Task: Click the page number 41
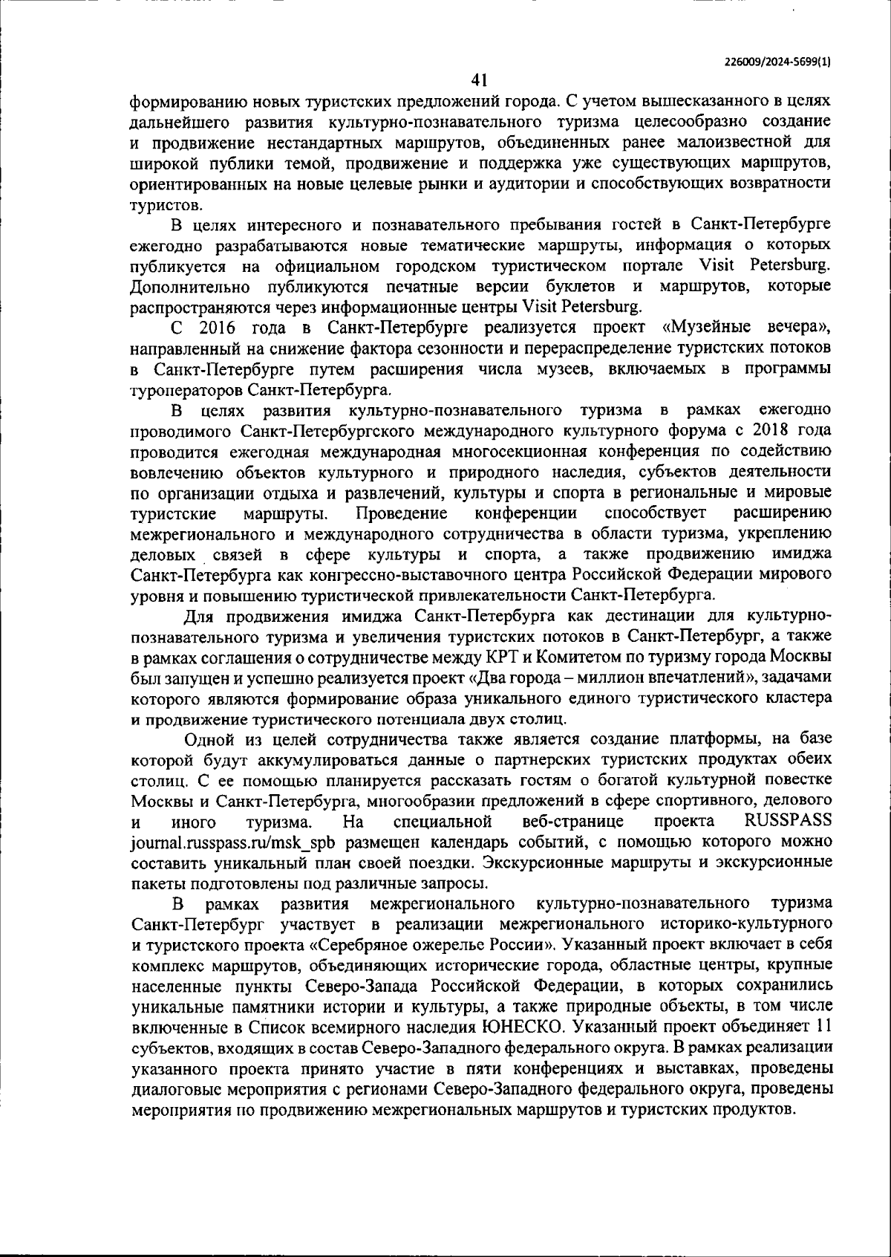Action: point(477,79)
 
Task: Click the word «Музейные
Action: point(701,327)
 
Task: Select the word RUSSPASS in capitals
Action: point(787,821)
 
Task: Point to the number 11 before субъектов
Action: point(823,1027)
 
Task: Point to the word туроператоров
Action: point(186,389)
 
